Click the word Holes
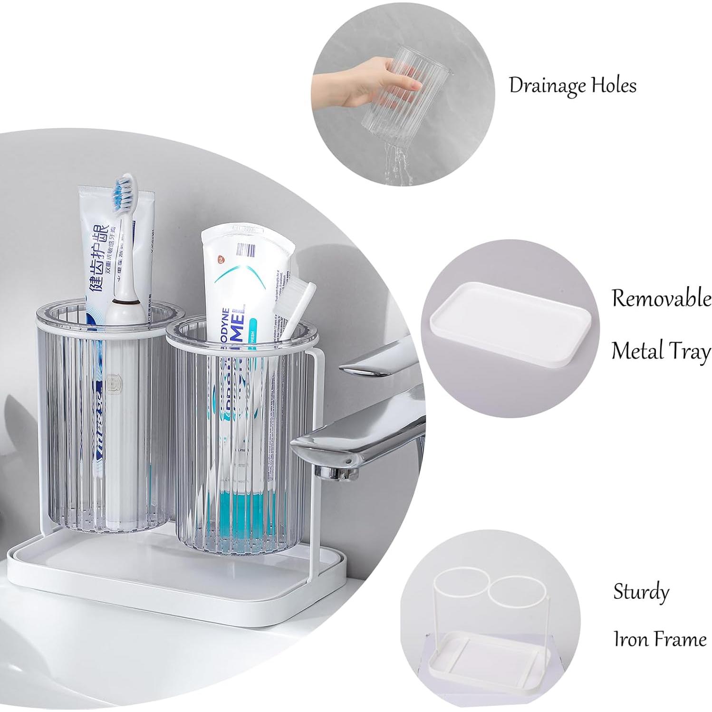tap(614, 86)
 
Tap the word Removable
tap(661, 298)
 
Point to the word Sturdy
tap(641, 593)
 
